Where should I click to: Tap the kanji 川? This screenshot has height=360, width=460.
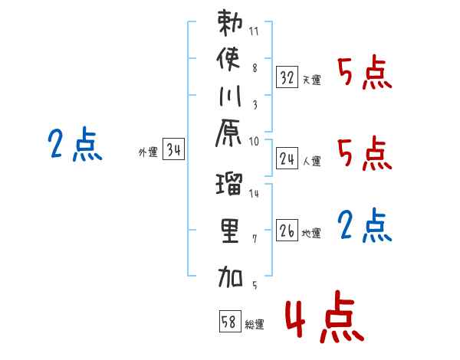tap(229, 100)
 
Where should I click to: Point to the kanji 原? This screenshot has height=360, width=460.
tap(229, 140)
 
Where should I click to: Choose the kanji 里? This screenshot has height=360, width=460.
tap(229, 232)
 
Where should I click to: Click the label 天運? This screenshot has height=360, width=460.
tap(311, 80)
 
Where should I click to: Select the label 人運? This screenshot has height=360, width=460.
tap(311, 162)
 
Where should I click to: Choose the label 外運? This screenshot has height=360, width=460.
tap(148, 152)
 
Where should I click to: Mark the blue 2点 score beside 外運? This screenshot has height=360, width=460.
tap(76, 144)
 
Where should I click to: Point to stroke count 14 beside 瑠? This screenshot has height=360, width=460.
tap(255, 195)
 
